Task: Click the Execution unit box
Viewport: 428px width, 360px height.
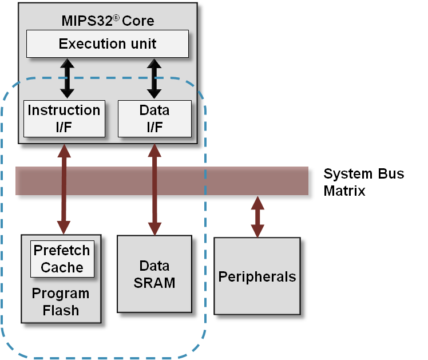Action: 108,43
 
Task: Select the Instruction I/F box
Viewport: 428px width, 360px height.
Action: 64,118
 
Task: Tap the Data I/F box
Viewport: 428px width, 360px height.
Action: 154,118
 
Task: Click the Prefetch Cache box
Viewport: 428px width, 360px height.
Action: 62,259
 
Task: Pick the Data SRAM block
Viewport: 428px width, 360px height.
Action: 154,274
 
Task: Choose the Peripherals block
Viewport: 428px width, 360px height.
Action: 257,277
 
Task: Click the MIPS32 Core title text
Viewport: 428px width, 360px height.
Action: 108,22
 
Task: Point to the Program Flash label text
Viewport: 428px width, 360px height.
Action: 61,302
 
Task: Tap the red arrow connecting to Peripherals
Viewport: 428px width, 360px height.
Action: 257,217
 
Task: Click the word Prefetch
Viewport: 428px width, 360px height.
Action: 62,251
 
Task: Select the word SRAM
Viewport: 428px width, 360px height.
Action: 154,283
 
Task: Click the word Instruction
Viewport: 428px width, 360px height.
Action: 64,110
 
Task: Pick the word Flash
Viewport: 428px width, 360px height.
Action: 61,311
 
